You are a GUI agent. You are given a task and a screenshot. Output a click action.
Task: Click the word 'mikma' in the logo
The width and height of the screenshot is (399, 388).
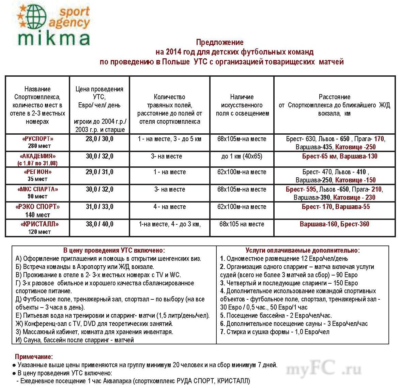(x=54, y=39)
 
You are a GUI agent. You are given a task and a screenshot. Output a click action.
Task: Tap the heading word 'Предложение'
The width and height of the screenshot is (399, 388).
(x=219, y=42)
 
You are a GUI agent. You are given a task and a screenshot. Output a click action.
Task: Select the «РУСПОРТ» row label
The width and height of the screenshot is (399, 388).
(x=37, y=139)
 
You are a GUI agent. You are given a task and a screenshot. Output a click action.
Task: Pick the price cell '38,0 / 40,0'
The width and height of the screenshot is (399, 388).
(x=99, y=224)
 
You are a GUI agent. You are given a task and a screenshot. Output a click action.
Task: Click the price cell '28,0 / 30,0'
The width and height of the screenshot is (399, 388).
(x=99, y=139)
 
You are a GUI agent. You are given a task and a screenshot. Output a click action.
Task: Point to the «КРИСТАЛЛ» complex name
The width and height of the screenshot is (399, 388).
(x=40, y=224)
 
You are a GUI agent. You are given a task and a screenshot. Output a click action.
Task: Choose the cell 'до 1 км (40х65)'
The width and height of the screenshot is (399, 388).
(x=242, y=156)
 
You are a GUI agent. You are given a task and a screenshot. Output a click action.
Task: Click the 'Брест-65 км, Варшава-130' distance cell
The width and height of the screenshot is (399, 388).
(x=339, y=156)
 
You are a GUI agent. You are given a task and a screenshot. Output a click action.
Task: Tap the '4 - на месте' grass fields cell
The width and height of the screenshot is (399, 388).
(x=170, y=207)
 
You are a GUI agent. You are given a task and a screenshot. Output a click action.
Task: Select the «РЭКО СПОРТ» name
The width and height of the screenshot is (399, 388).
(x=37, y=207)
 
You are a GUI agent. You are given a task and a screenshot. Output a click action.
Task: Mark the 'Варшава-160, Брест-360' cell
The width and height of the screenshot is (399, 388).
(x=334, y=224)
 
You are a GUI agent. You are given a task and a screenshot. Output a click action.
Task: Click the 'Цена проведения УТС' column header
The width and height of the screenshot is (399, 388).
(x=99, y=93)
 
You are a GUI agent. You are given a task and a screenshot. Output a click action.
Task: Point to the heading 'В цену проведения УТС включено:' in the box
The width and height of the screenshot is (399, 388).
(x=114, y=250)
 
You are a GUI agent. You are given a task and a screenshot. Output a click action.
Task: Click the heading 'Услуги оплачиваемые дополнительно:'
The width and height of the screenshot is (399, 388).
(x=303, y=250)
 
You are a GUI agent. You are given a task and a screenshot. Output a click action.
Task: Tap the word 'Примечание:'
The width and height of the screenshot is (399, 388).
(x=34, y=357)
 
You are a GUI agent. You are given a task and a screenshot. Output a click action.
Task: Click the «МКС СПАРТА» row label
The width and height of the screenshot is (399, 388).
(x=37, y=189)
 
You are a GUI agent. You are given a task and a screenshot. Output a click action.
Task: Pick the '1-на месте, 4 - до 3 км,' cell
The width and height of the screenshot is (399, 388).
(x=170, y=224)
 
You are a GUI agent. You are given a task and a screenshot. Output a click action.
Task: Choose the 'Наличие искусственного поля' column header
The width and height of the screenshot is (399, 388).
(x=242, y=105)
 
